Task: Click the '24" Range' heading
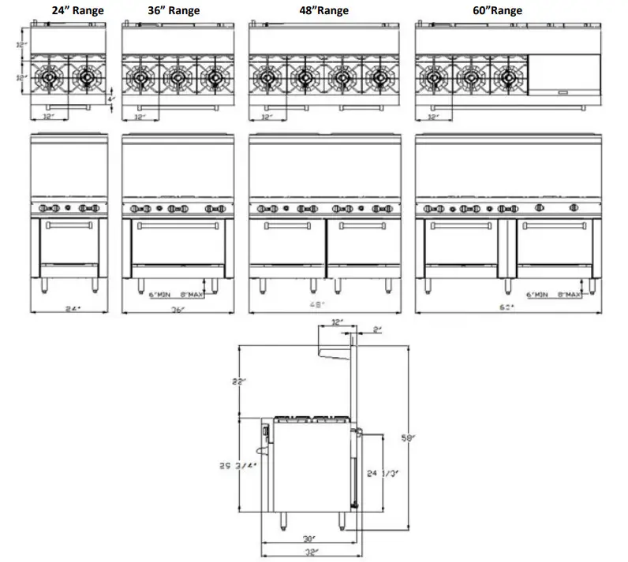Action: [x=73, y=11]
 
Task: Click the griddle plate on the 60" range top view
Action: [x=565, y=74]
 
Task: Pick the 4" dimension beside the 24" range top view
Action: [x=111, y=91]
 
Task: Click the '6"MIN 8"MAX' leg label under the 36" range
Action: [x=175, y=294]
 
